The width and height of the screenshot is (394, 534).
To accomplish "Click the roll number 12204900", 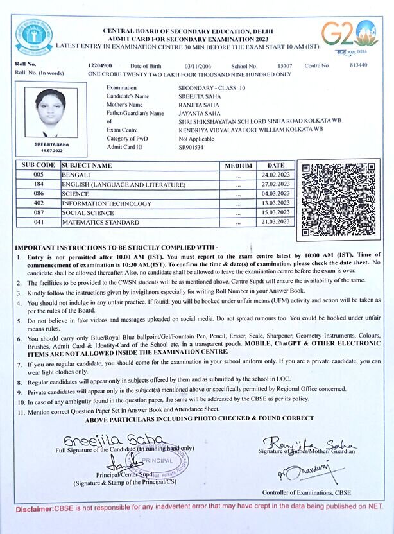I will (100, 65).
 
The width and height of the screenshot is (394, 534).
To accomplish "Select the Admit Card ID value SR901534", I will (192, 147).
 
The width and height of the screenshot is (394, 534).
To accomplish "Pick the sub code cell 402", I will (39, 203).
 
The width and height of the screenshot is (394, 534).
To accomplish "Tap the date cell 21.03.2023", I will (276, 222).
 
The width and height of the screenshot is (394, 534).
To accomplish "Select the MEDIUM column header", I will (238, 166).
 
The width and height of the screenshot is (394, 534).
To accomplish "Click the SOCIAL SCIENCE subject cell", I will (88, 212).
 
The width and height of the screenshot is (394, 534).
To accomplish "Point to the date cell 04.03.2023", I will (276, 193).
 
